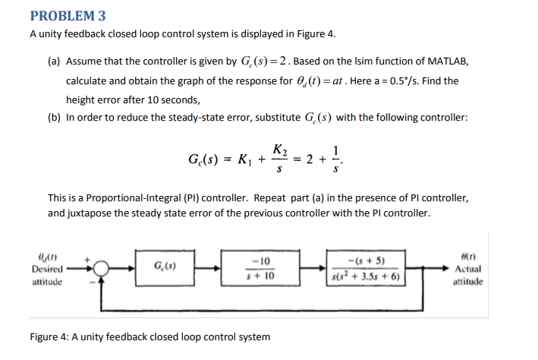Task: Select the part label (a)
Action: tap(55, 61)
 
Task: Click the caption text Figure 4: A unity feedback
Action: tap(99, 336)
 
